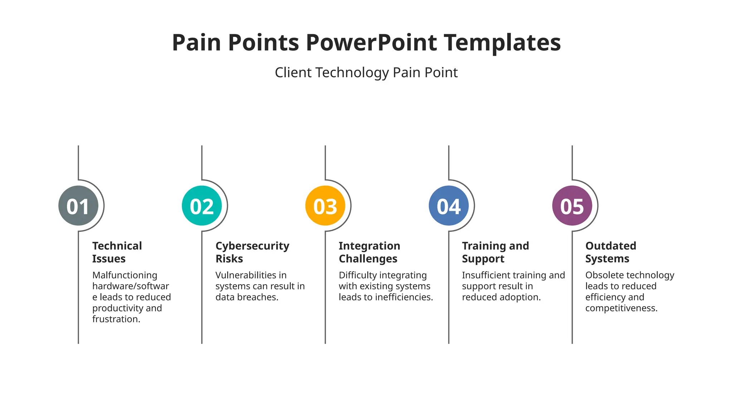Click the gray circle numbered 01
78,206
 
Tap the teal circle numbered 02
202,206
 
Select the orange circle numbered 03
325,206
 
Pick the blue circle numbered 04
448,206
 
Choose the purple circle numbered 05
572,206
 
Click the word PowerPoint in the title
371,43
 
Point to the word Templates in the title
502,43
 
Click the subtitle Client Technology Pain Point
366,73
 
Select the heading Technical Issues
117,252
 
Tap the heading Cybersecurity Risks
252,252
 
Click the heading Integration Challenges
369,252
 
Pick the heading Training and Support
495,252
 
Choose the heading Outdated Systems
610,252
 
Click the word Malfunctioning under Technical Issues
125,275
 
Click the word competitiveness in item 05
621,308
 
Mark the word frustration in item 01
116,319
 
